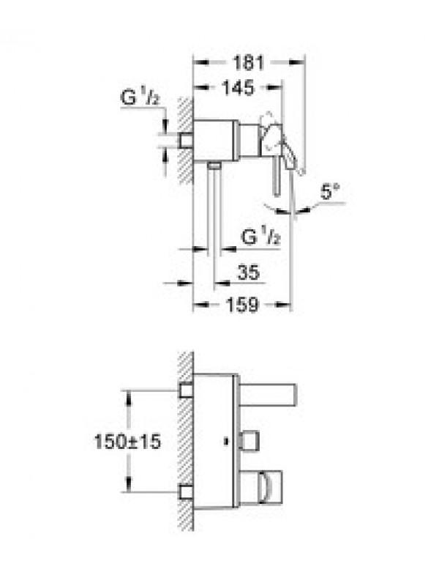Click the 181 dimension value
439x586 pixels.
[x=248, y=63]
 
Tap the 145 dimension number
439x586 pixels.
[x=238, y=88]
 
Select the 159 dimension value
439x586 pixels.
[x=242, y=305]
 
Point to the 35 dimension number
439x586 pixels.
[x=248, y=272]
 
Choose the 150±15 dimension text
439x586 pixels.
[x=127, y=442]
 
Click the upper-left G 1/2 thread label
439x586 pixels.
[x=140, y=97]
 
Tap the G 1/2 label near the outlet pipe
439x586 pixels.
[x=260, y=237]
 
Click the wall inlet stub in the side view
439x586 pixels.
[x=187, y=141]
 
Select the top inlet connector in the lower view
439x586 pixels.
[x=186, y=390]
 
